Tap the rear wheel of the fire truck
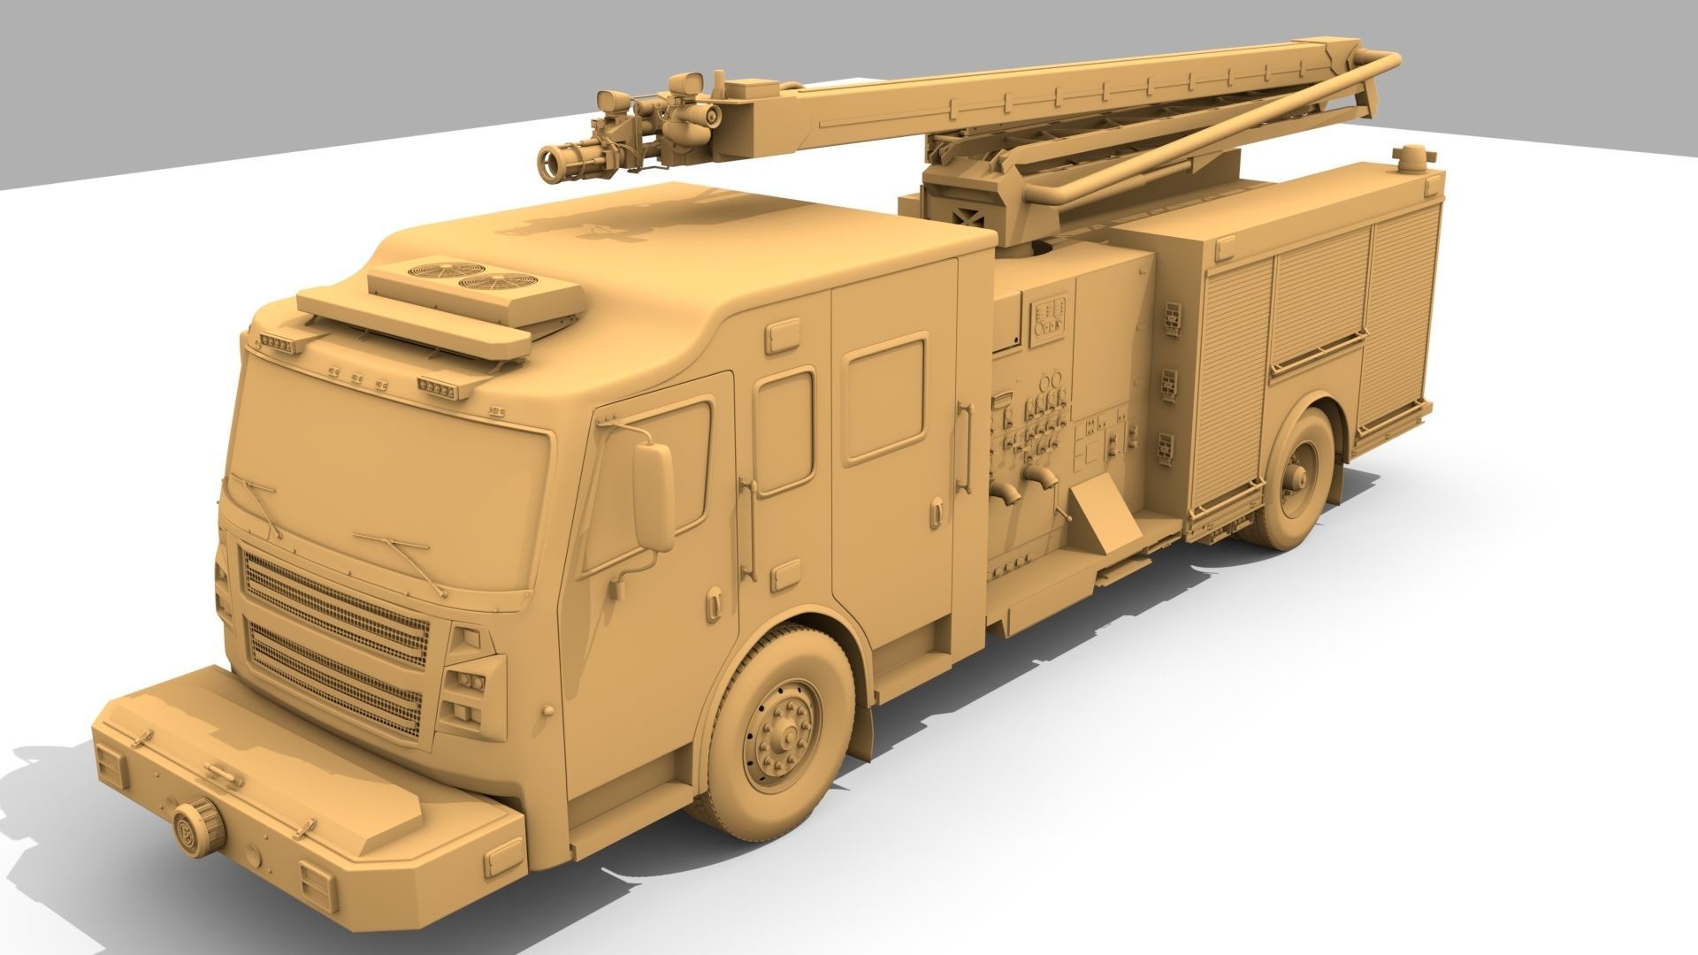point(1296,478)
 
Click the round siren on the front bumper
point(200,827)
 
